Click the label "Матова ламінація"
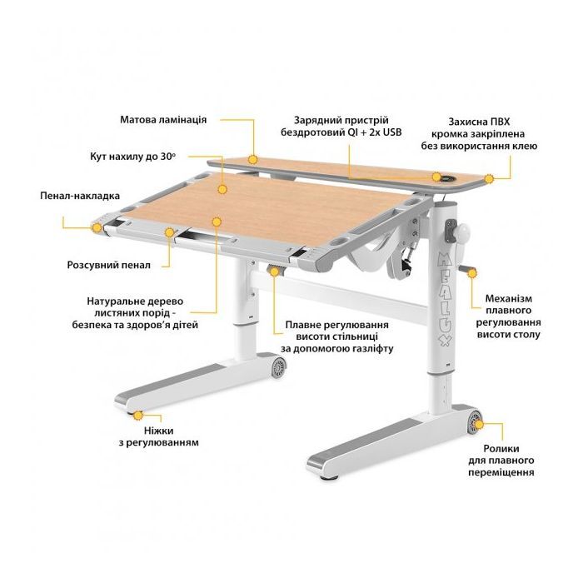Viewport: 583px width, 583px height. [163, 120]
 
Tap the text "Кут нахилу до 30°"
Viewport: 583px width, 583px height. [132, 157]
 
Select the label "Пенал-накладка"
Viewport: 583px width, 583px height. [80, 196]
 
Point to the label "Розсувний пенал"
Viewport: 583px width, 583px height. [109, 265]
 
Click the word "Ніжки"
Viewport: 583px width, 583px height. [159, 431]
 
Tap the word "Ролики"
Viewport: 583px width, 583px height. [501, 448]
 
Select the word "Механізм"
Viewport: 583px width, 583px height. [509, 298]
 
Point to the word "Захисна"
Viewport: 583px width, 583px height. [468, 122]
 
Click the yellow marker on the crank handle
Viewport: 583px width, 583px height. [472, 274]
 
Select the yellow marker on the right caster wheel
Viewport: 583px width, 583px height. [479, 424]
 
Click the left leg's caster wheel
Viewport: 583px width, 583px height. [278, 368]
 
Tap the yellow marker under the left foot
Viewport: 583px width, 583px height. [138, 416]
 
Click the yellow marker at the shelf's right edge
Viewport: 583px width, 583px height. [489, 179]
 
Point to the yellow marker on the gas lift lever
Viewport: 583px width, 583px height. [274, 272]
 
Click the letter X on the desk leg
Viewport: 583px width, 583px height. [446, 341]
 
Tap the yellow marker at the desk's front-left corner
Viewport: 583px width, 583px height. [97, 227]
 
